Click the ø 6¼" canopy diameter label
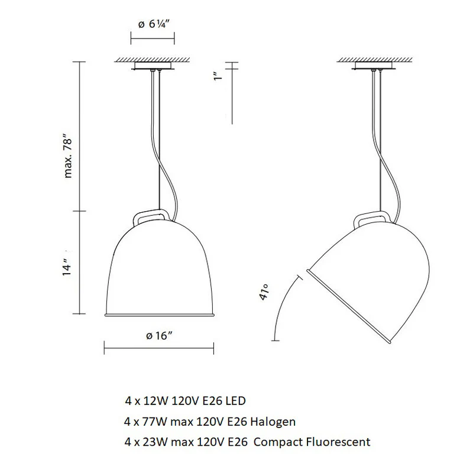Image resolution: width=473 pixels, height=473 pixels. pyautogui.click(x=155, y=24)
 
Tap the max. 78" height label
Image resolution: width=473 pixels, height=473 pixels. pyautogui.click(x=68, y=158)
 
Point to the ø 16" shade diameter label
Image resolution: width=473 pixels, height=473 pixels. pyautogui.click(x=159, y=335)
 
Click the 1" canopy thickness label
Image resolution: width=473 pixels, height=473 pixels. pyautogui.click(x=218, y=76)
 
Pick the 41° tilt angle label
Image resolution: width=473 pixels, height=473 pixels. pyautogui.click(x=263, y=292)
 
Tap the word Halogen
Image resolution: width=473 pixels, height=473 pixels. pyautogui.click(x=273, y=422)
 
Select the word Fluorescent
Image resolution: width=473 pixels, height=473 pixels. pyautogui.click(x=338, y=442)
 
